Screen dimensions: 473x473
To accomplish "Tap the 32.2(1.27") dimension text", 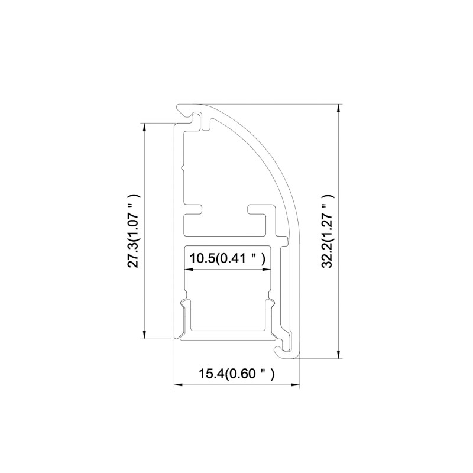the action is point(328,231).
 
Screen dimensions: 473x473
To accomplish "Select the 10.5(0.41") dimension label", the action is point(228,258).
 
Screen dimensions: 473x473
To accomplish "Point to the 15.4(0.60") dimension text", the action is point(237,374).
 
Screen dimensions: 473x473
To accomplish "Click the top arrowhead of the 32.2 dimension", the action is point(339,108).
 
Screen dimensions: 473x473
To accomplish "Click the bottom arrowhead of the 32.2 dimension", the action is point(339,354).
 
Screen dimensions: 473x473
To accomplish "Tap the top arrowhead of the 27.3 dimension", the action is point(145,127).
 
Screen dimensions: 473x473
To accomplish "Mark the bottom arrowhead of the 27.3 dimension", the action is point(145,335).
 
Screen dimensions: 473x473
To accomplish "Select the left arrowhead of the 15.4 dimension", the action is point(179,385).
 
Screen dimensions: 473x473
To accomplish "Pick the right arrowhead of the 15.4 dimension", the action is point(295,385).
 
